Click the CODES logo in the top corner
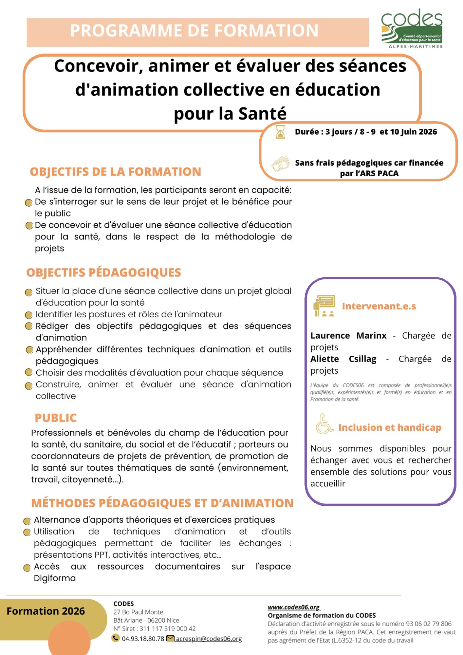coord(412,29)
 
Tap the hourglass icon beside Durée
coord(280,132)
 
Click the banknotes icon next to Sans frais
coord(281,163)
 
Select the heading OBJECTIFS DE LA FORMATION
coord(115,172)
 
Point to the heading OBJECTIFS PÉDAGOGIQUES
coord(103,273)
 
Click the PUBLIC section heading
coord(56,418)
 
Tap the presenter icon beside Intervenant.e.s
coord(324,306)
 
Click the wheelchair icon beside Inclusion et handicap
coord(324,424)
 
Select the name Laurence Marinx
coord(348,336)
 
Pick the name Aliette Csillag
coord(343,359)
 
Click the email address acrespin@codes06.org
coord(209,639)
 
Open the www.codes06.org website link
coord(294,607)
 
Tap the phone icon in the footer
coord(115,638)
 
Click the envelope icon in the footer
coord(170,638)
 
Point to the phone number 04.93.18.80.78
coord(143,639)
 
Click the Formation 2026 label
coord(46,611)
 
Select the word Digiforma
coord(55,578)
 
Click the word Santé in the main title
coord(262,114)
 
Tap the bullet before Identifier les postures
coord(29,315)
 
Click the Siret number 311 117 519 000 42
coord(168,629)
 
